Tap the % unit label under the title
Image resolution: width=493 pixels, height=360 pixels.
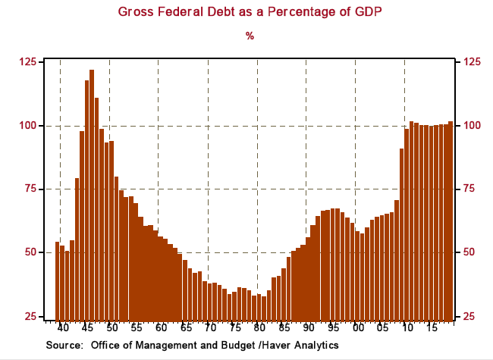pos(249,36)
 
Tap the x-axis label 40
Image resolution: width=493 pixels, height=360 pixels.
pos(63,328)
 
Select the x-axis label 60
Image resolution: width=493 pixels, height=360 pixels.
pos(161,328)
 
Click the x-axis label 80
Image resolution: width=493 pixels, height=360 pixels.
pos(259,328)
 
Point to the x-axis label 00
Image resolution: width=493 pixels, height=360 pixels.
pos(356,328)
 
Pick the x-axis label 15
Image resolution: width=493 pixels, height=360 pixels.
pos(430,328)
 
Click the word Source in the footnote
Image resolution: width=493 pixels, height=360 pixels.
pos(64,346)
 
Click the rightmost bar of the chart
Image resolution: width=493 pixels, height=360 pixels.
pos(451,220)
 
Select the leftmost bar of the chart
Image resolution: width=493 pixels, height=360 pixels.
pos(58,280)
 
